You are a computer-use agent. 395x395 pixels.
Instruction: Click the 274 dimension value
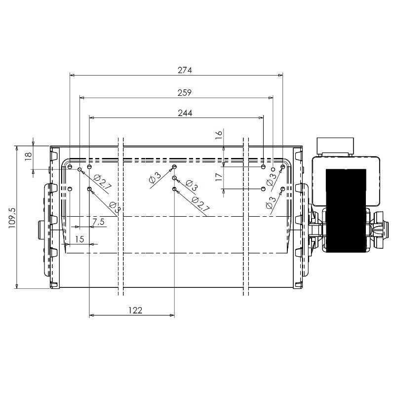click(185, 70)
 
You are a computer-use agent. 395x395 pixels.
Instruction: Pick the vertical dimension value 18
click(28, 156)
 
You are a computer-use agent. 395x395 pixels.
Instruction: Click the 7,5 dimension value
click(98, 222)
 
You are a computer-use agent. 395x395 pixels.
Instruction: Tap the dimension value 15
click(79, 239)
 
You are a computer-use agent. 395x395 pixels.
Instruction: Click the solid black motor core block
click(346, 210)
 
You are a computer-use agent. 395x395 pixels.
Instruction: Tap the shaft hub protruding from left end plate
click(41, 230)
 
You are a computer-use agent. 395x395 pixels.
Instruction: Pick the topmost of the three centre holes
click(174, 166)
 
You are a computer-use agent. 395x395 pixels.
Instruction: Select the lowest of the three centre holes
click(174, 189)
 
